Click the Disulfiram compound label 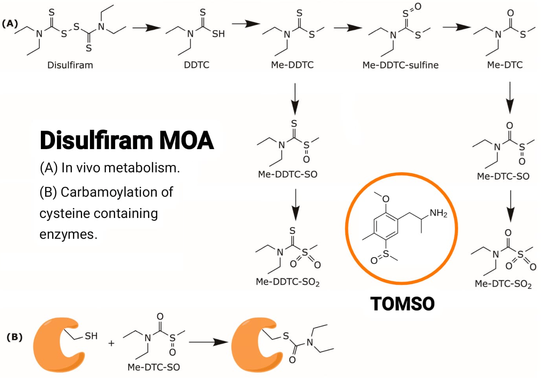[70, 65]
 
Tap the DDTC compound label [196, 65]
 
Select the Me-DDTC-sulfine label [400, 65]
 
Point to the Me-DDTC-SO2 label [288, 282]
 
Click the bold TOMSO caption [402, 304]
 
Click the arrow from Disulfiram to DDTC [147, 28]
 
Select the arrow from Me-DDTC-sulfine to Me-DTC [457, 27]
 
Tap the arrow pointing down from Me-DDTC [295, 99]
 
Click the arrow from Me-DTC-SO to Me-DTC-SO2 [511, 207]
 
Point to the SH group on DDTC [218, 34]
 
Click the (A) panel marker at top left [10, 24]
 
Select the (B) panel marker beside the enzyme [15, 337]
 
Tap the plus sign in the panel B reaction [112, 343]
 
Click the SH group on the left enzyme [91, 336]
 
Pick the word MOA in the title [186, 140]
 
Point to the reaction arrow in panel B [208, 342]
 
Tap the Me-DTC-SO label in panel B [154, 367]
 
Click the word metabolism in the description [142, 168]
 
